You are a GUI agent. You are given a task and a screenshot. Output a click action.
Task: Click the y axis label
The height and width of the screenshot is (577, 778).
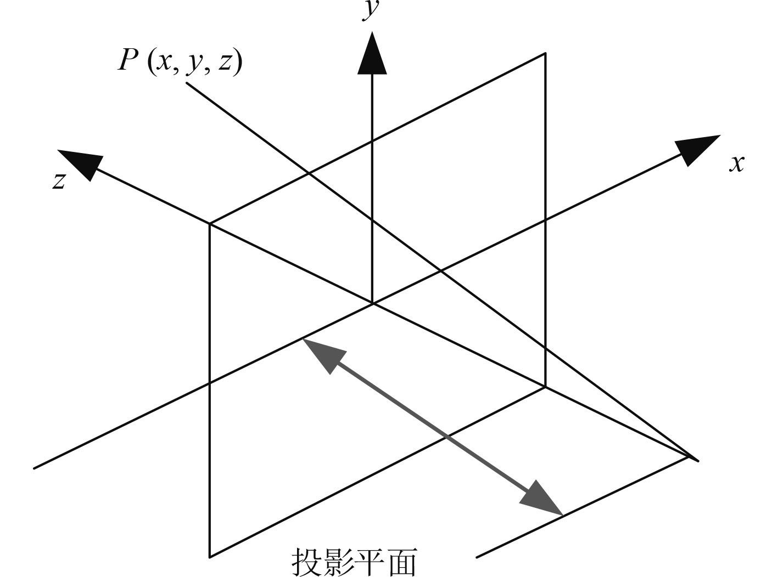coord(372,10)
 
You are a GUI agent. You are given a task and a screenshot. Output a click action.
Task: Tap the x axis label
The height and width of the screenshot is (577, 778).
coord(737,163)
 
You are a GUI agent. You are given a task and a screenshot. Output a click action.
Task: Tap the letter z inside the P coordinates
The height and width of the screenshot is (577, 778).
coord(225,61)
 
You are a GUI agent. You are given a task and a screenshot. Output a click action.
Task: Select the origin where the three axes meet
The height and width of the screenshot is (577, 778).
coord(373,303)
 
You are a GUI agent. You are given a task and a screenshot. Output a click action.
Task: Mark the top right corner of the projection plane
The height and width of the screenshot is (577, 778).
coord(545,53)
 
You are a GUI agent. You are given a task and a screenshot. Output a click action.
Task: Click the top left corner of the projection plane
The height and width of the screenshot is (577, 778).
coord(210,224)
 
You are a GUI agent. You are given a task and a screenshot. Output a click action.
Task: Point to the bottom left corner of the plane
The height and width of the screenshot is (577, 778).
coord(210,557)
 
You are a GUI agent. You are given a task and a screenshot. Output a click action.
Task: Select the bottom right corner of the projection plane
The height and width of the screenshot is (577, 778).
coord(545,387)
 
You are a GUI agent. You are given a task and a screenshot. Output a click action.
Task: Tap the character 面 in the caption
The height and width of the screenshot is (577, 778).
coord(402,561)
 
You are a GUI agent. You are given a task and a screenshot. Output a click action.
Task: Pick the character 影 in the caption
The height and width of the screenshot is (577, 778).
coord(338,561)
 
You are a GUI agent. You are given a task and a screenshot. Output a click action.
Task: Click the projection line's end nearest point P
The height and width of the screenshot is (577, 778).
coord(187,83)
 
